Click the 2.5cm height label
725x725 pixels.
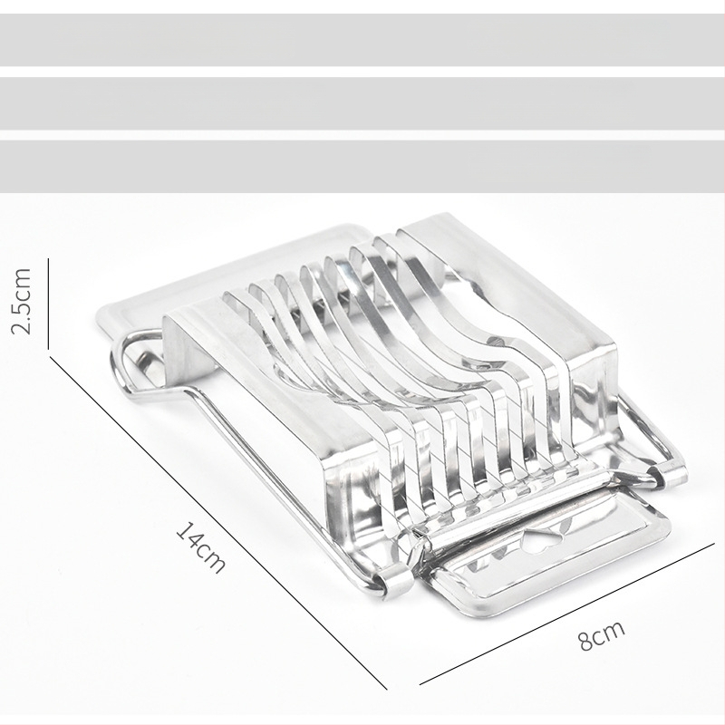click(x=21, y=301)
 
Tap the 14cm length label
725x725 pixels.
click(x=201, y=546)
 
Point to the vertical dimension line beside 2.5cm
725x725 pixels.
click(x=49, y=304)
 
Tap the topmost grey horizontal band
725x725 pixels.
click(x=362, y=40)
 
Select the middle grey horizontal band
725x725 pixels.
click(x=362, y=103)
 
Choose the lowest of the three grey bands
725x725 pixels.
click(x=362, y=167)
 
